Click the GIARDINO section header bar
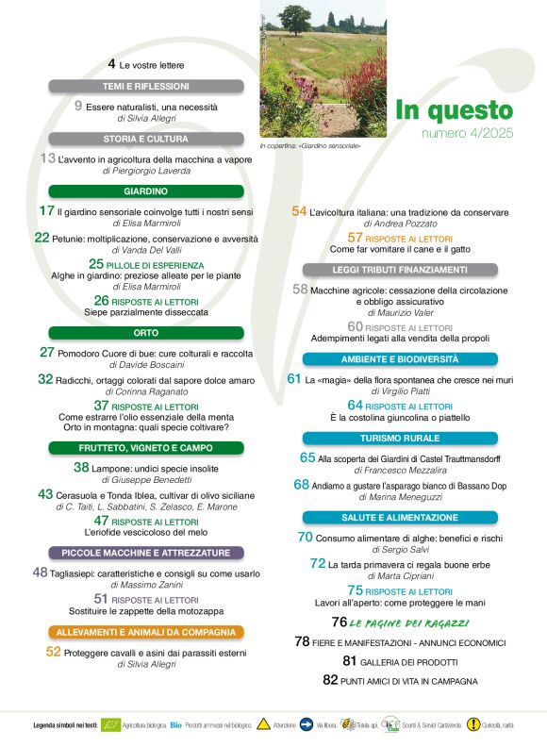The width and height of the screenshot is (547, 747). coord(145,191)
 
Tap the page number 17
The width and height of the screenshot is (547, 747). coord(46,211)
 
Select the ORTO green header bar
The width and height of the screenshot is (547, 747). coord(145,333)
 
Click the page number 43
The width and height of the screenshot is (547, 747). coord(45,493)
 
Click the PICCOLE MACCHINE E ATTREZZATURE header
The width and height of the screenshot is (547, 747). coord(145,552)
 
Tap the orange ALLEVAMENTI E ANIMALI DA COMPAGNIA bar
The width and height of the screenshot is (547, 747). coord(145,631)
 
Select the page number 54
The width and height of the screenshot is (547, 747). coord(298,211)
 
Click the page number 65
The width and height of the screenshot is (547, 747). coord(307,457)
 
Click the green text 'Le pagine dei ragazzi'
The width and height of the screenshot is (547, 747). coord(409,623)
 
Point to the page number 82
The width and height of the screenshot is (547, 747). coord(330,679)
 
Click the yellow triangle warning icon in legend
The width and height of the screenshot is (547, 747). coord(263,724)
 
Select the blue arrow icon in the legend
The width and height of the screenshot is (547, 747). coord(307,724)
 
